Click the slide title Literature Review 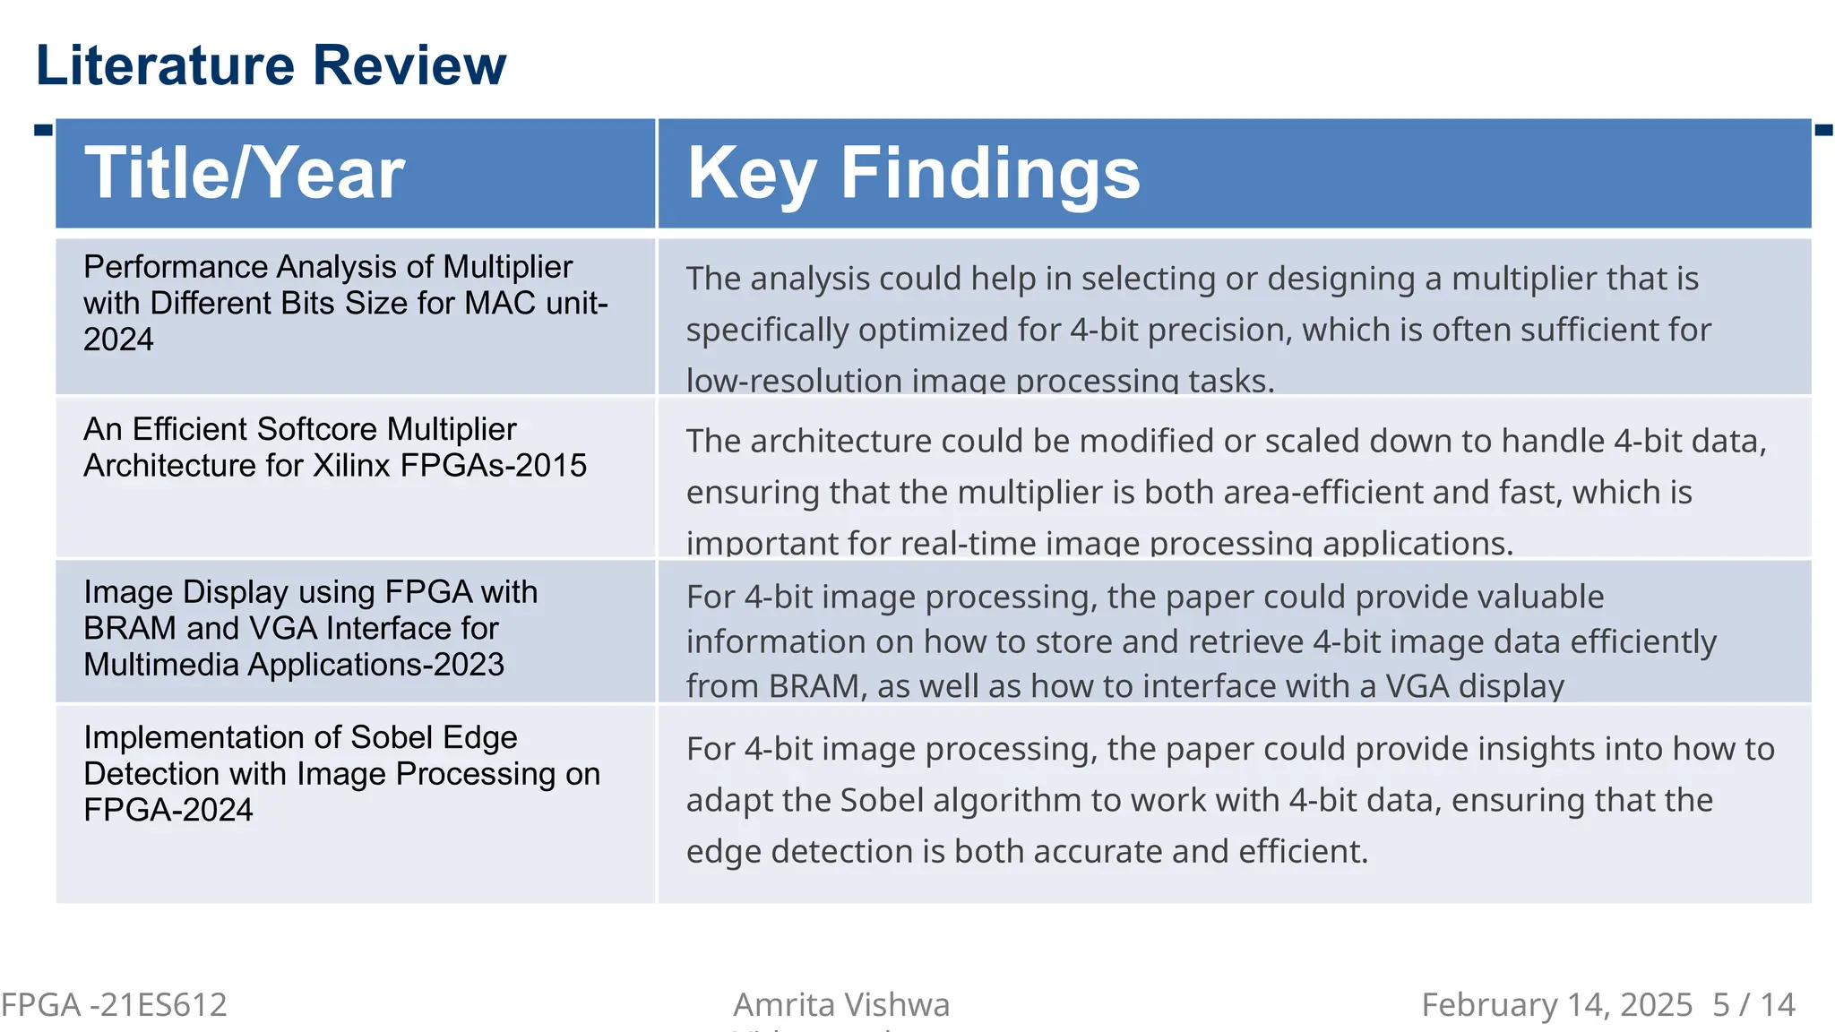[271, 65]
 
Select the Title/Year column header [245, 173]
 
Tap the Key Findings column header [913, 173]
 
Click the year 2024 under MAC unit [118, 340]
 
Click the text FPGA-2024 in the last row [168, 810]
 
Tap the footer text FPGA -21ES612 [114, 1005]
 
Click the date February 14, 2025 [1556, 1005]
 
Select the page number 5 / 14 [1753, 1005]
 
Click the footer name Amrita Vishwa [841, 1005]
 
